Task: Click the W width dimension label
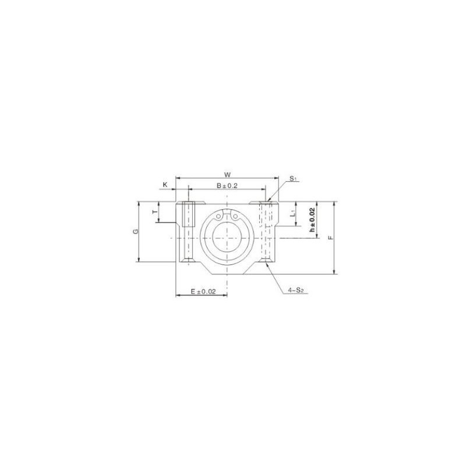(x=228, y=174)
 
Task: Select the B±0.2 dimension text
(x=228, y=185)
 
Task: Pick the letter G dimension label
(x=135, y=231)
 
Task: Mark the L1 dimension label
(x=293, y=214)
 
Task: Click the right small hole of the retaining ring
(x=235, y=217)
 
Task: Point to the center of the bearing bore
(x=227, y=238)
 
